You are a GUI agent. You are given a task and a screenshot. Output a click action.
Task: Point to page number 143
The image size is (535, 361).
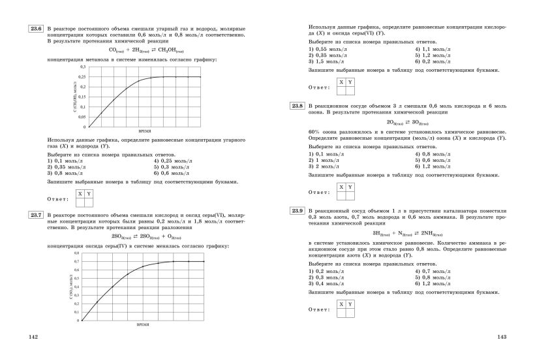(x=502, y=337)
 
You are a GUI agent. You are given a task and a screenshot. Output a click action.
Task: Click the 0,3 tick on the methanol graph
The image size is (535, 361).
(x=82, y=67)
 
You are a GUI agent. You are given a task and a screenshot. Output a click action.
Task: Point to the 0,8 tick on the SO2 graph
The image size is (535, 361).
(x=76, y=253)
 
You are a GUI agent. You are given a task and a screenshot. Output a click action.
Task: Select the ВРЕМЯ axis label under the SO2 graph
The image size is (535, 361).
(x=143, y=324)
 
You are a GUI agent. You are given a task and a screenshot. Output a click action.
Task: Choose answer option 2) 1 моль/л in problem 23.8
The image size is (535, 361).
(x=325, y=161)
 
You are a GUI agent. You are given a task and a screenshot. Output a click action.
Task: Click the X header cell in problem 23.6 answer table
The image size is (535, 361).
(x=80, y=194)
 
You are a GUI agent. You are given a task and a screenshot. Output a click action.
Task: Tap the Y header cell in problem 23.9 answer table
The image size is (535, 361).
(x=350, y=304)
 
